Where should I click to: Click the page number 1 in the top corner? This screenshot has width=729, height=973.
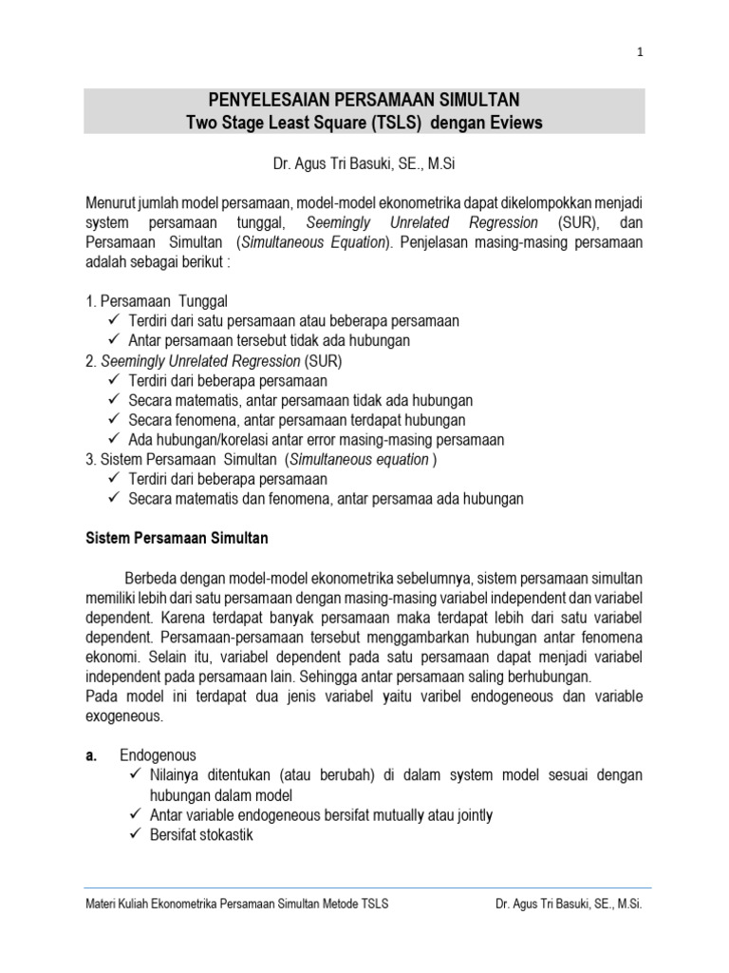641,52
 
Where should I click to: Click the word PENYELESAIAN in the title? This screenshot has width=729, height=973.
264,100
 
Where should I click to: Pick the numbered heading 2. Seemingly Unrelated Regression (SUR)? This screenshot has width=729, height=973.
214,360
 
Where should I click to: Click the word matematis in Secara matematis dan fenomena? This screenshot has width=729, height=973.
216,499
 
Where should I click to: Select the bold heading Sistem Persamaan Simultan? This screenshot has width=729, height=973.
177,539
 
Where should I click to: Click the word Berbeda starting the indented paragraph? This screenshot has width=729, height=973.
152,579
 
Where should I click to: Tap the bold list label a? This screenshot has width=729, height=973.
92,755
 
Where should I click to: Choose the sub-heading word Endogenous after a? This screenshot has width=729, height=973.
159,755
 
